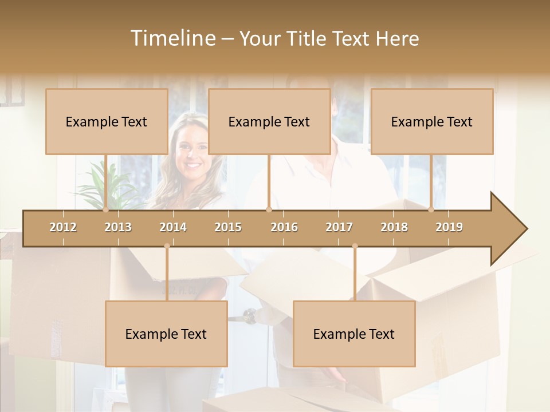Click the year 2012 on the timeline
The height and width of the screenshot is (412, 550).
(x=63, y=227)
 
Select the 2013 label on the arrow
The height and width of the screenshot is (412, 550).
(x=118, y=227)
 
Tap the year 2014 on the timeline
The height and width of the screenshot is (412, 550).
(x=173, y=227)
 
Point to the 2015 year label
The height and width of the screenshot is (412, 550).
(x=228, y=227)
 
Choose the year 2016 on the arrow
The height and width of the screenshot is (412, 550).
(x=284, y=227)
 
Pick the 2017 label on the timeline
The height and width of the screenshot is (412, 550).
(x=339, y=227)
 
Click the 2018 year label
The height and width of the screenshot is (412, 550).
(x=394, y=227)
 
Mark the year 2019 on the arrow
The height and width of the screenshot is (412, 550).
(x=449, y=227)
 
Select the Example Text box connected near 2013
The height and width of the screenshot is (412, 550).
(x=107, y=121)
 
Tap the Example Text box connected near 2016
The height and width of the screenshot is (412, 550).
(x=269, y=121)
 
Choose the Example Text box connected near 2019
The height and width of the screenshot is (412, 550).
(x=432, y=121)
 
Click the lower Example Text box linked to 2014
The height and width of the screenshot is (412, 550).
(x=166, y=334)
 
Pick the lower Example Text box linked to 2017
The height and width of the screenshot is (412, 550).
(x=354, y=334)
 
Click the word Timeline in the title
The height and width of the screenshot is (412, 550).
(x=172, y=38)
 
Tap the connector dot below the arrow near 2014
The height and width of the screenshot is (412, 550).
(x=167, y=246)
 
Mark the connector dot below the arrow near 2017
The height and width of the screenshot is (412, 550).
(x=355, y=246)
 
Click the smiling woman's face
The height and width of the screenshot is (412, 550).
(x=191, y=152)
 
